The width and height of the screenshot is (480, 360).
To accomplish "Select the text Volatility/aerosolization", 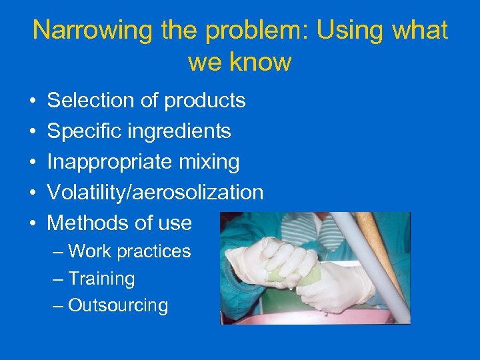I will click(x=155, y=193).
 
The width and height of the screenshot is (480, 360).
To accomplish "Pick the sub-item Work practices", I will click(x=129, y=251).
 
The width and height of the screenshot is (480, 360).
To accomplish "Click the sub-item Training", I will click(x=101, y=279).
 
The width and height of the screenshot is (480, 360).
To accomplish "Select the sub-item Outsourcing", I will click(x=118, y=305).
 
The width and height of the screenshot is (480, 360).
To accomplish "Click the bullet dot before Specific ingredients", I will click(x=32, y=131).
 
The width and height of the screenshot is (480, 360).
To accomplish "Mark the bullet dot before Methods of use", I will click(x=32, y=223).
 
